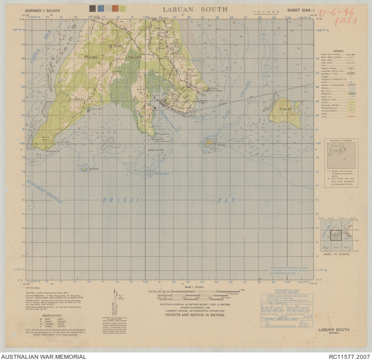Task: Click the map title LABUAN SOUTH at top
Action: pyautogui.click(x=195, y=9)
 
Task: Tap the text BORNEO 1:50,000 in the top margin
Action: pyautogui.click(x=46, y=10)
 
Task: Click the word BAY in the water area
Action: pyautogui.click(x=227, y=200)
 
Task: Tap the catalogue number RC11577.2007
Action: pyautogui.click(x=349, y=356)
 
